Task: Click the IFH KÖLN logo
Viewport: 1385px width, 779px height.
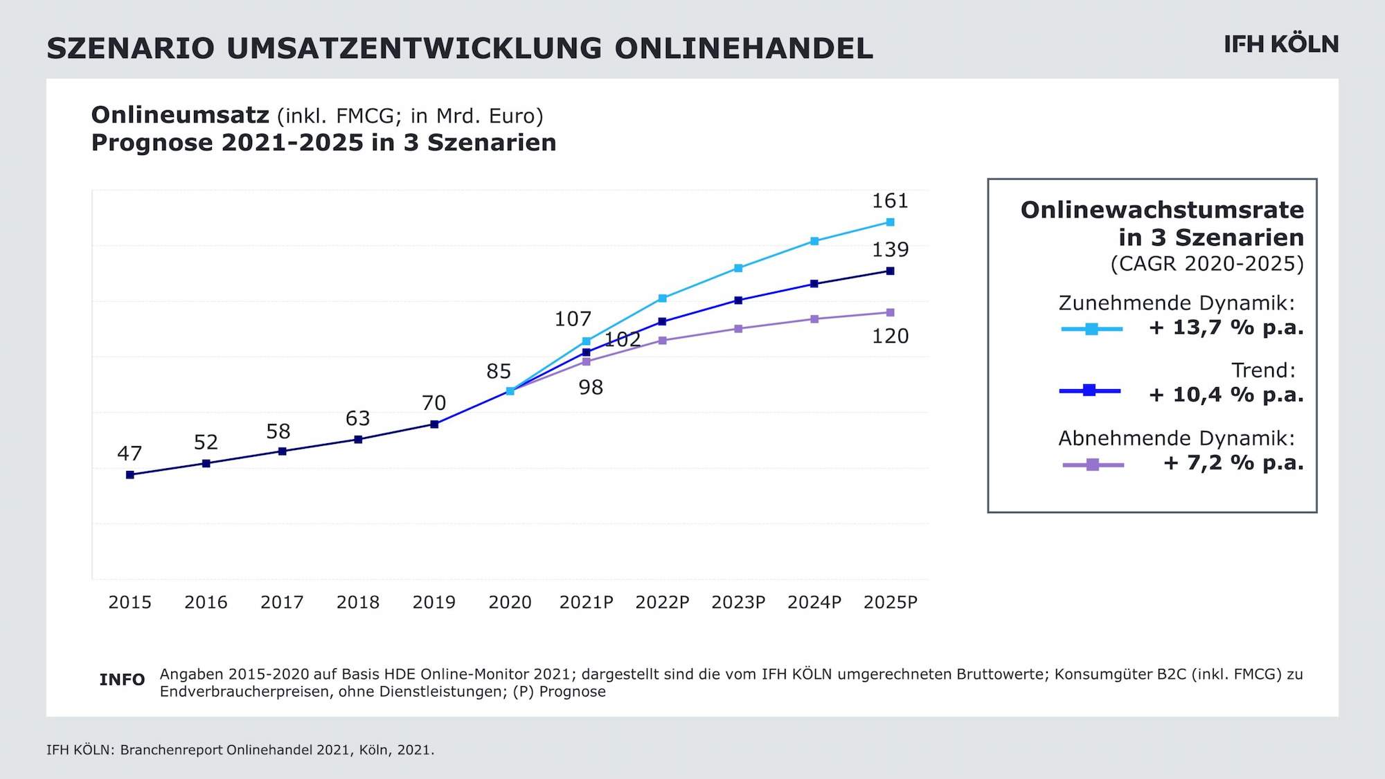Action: tap(1281, 44)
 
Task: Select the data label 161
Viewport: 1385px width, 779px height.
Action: tap(890, 201)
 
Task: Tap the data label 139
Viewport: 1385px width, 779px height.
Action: tap(890, 249)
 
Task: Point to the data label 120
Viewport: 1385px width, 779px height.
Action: tap(890, 336)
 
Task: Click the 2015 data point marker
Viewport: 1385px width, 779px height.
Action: tap(130, 475)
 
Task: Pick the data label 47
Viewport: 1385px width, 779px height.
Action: tap(129, 454)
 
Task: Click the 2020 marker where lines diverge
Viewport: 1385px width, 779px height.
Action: tap(510, 391)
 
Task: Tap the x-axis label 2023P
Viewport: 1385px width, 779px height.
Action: tap(738, 602)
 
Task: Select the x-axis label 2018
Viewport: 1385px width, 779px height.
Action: tap(358, 602)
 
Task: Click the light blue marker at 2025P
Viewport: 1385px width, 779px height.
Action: tap(891, 222)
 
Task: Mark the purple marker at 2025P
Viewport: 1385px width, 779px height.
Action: tap(891, 313)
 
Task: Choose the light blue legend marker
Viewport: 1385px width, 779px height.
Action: tap(1091, 330)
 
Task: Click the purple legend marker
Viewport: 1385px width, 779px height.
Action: tap(1093, 465)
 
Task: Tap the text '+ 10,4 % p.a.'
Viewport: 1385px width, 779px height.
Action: tap(1226, 395)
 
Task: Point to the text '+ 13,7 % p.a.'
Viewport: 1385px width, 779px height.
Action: tap(1226, 328)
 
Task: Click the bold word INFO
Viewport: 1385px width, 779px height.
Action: tap(122, 680)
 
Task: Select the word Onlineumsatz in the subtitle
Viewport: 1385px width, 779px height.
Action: tap(180, 115)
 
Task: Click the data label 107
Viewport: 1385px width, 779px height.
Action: tap(573, 319)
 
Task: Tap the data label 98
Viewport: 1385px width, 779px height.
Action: tap(591, 388)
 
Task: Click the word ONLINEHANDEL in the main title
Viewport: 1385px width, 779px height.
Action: tap(744, 48)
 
